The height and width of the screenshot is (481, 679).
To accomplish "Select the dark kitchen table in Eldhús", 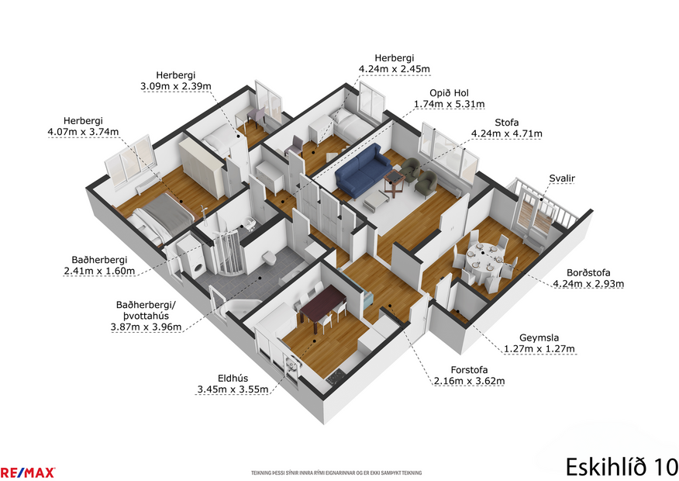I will (x=320, y=301).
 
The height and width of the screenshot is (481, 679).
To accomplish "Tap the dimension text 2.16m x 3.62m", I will (x=469, y=381).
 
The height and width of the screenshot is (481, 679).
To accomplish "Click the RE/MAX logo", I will (x=27, y=472).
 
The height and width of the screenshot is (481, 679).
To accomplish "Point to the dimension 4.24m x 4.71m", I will (x=506, y=133).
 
